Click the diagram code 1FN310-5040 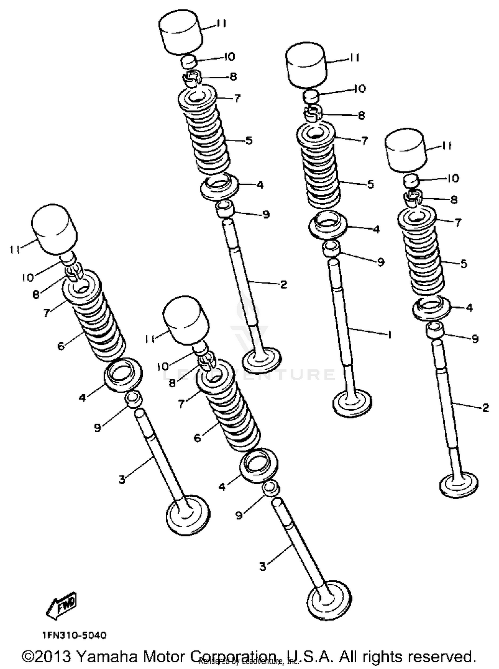(75, 635)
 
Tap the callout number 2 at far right (486, 408)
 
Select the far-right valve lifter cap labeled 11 (406, 150)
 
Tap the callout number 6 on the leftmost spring (61, 346)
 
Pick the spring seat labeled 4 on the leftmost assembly (123, 375)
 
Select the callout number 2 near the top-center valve (283, 284)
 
